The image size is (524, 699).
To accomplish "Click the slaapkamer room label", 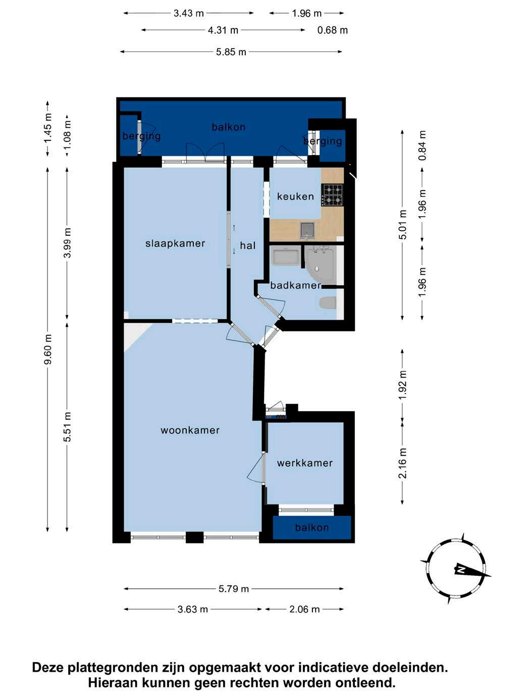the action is (x=175, y=243).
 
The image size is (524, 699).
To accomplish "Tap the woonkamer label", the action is (x=190, y=430).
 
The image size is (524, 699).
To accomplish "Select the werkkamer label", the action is (x=305, y=463).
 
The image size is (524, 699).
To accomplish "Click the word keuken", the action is (x=295, y=196).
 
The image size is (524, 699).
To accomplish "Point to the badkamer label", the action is (x=295, y=285).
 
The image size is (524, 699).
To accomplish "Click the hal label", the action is (x=248, y=245).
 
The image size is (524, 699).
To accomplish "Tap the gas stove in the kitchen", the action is (x=333, y=195).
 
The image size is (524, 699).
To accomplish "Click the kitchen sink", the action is (x=307, y=231).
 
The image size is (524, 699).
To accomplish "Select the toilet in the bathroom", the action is (x=328, y=303).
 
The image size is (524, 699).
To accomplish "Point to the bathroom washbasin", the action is (x=285, y=256).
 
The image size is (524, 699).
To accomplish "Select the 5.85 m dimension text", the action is (x=231, y=52).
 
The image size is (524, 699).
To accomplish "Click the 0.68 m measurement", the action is (x=333, y=30).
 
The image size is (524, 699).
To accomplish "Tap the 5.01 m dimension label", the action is (x=403, y=225).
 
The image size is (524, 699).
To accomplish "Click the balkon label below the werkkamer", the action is (x=312, y=528).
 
